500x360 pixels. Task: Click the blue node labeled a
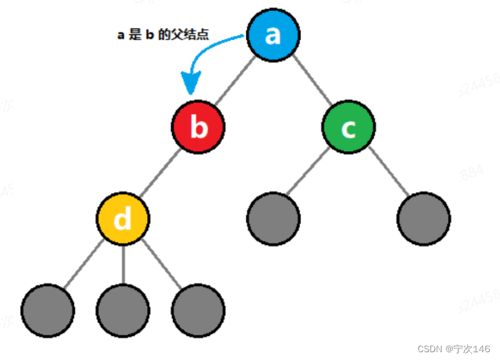coord(273,35)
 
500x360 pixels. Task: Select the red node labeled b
coord(198,127)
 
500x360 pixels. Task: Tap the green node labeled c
coord(348,127)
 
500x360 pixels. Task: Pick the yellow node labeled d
coord(123,219)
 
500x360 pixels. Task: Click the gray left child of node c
coord(274,219)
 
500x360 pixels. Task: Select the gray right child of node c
coord(423,219)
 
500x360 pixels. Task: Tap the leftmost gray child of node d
coord(47,310)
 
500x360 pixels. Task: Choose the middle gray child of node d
coord(123,310)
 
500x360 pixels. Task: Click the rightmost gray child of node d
coord(198,310)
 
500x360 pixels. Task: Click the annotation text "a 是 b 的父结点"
coord(163,36)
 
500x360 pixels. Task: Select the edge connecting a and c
coord(311,81)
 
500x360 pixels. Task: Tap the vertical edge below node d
coord(123,265)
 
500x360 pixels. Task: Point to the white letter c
coord(348,128)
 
